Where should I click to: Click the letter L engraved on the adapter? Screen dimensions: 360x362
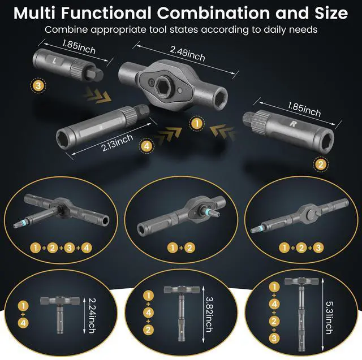click(53, 60)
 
